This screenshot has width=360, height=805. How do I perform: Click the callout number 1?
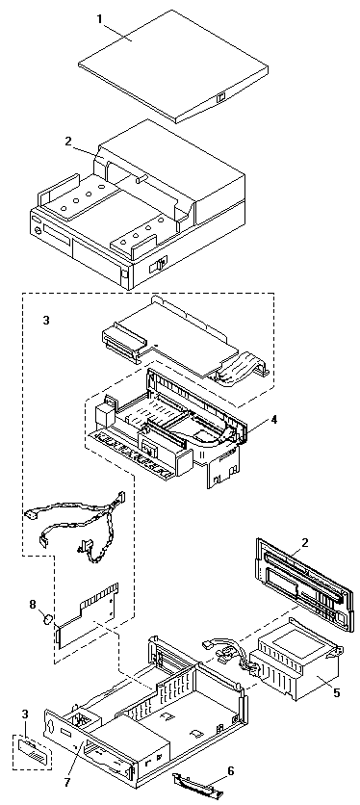pos(99,19)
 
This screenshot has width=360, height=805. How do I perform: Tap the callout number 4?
pos(274,419)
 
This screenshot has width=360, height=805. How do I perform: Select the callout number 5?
pos(336,692)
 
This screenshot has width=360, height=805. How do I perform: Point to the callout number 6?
pos(231,769)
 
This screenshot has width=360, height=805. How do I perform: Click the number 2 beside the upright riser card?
pos(304,543)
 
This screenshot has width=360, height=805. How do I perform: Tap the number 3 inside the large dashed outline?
pos(47,321)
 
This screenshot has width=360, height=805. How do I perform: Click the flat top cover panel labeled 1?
pos(174,65)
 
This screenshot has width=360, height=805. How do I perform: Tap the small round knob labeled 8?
pos(47,619)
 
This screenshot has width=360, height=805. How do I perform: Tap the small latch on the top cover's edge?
pos(221,97)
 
